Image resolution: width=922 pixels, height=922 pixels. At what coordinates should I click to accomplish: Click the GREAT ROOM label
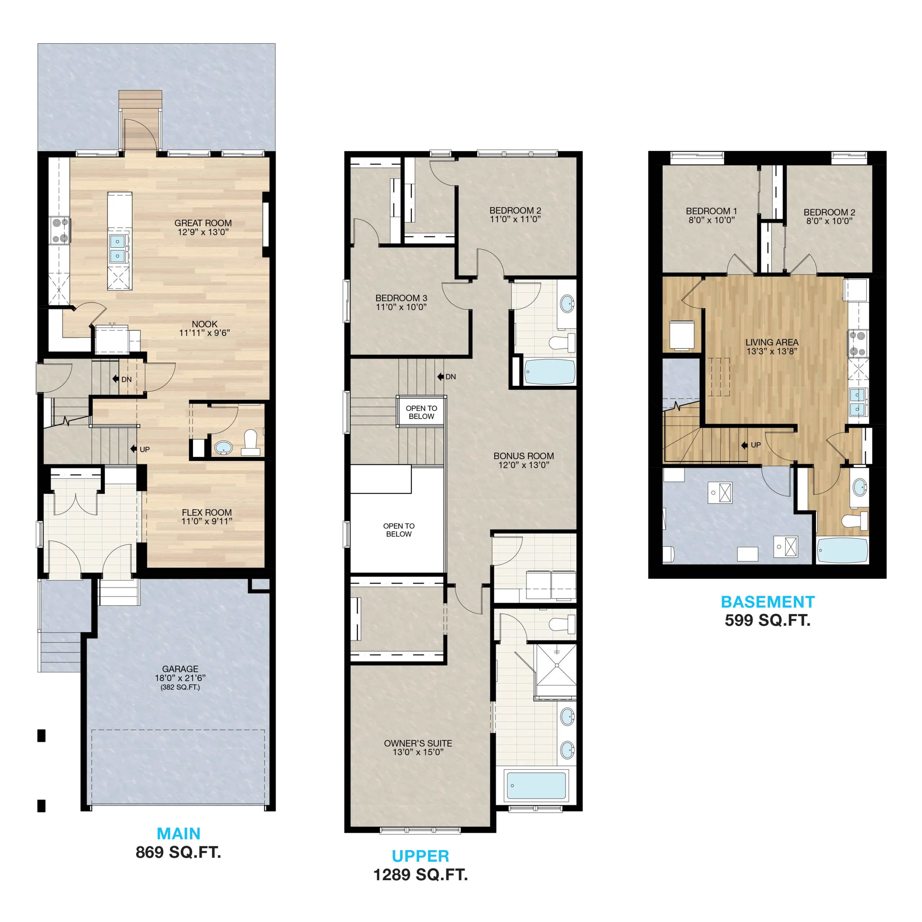[x=203, y=223]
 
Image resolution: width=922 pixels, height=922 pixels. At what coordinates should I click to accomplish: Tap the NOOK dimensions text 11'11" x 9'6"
[x=204, y=333]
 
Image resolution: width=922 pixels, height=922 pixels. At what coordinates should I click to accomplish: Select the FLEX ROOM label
[x=207, y=512]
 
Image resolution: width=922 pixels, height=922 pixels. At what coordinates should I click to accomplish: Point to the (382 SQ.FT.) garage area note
[x=180, y=687]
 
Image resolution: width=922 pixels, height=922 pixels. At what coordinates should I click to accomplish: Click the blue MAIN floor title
[x=179, y=834]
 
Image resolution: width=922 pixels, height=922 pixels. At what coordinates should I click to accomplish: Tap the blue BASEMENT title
[x=767, y=602]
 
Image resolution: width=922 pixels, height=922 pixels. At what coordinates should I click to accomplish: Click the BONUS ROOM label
[x=524, y=456]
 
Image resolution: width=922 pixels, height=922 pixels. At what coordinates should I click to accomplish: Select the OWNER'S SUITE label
[x=418, y=743]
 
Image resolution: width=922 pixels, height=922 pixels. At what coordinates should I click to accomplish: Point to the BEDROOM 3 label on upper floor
[x=401, y=298]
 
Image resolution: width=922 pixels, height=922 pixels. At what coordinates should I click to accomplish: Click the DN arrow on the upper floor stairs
[x=440, y=376]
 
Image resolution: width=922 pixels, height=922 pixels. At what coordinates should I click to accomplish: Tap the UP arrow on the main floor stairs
[x=134, y=449]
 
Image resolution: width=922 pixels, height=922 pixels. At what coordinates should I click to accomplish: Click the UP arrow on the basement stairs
[x=744, y=445]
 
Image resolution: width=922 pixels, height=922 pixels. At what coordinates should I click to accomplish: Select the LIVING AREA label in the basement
[x=772, y=342]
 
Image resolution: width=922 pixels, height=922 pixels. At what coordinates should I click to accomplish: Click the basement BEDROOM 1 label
[x=711, y=211]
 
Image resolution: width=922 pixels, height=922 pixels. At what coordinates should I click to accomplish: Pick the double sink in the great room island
[x=117, y=248]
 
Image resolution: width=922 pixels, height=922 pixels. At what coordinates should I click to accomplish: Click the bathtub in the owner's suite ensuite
[x=536, y=785]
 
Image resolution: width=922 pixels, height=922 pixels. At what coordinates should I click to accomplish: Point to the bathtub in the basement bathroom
[x=842, y=551]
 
